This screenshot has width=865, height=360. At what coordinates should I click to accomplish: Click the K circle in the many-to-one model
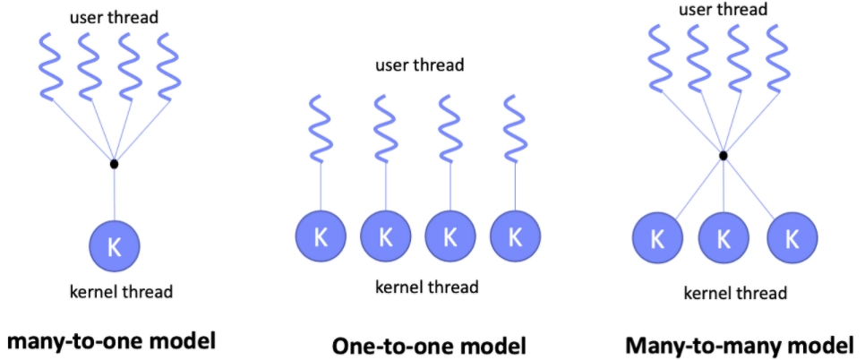(x=114, y=245)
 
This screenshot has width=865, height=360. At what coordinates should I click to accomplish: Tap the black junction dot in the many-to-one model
(x=114, y=164)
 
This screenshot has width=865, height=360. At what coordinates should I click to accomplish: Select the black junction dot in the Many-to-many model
(x=723, y=156)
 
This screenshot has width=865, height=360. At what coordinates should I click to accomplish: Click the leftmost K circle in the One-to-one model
(x=321, y=236)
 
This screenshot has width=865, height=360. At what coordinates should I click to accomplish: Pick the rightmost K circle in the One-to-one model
(x=515, y=236)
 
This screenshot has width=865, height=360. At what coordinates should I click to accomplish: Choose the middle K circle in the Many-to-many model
(x=724, y=239)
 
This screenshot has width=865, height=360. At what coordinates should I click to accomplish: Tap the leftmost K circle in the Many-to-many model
(x=657, y=239)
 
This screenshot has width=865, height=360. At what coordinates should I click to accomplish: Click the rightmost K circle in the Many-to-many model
(x=792, y=239)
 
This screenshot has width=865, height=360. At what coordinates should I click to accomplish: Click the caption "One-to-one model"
(x=428, y=346)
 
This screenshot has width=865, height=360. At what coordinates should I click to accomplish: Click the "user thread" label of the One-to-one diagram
(x=420, y=65)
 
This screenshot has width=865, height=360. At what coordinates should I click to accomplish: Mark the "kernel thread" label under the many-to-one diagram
(x=121, y=291)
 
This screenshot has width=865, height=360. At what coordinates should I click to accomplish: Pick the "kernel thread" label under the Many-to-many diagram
(x=734, y=293)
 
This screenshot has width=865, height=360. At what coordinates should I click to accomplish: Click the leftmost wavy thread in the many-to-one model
(x=50, y=66)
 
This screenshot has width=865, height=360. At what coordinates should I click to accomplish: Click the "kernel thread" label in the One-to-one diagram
(x=426, y=287)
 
